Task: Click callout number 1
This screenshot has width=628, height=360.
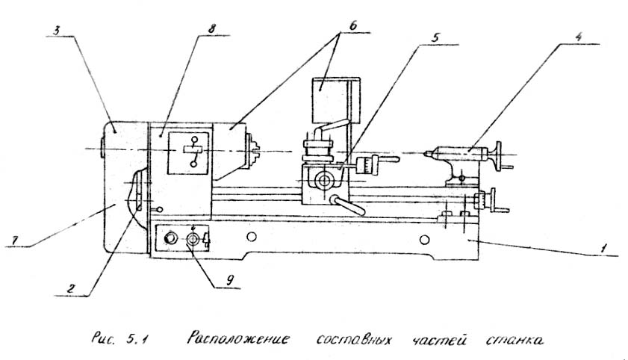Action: (604, 247)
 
